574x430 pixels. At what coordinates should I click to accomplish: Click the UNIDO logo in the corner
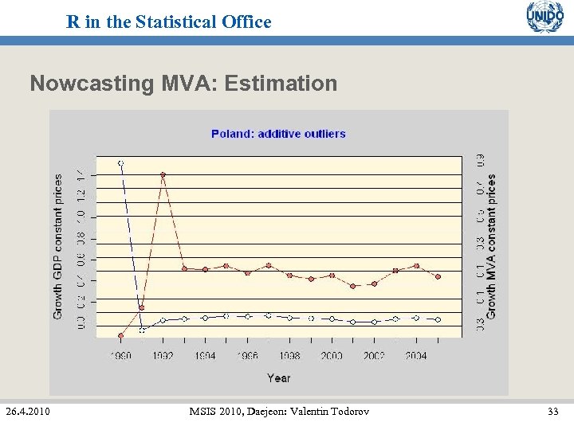(545, 17)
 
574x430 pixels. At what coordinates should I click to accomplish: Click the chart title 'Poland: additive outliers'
(278, 134)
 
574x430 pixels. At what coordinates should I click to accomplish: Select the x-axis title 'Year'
(278, 377)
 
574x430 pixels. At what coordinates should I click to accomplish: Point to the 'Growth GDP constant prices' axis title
(58, 247)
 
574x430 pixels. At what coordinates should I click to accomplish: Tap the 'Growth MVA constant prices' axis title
(491, 247)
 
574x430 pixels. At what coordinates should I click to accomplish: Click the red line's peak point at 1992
(163, 174)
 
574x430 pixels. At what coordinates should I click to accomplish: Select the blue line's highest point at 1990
(121, 163)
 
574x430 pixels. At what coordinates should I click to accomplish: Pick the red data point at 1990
(120, 336)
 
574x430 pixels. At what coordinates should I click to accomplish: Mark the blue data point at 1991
(142, 330)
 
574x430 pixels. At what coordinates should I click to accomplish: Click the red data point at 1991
(142, 307)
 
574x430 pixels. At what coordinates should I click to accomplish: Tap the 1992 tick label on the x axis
(163, 356)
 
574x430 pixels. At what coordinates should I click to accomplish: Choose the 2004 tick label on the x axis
(416, 356)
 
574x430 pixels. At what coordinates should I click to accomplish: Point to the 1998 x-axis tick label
(289, 356)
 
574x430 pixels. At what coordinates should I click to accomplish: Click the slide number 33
(552, 412)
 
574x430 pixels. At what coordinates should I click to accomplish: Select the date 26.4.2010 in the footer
(27, 412)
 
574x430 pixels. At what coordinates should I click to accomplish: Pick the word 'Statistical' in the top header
(169, 22)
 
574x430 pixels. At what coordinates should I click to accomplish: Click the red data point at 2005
(438, 276)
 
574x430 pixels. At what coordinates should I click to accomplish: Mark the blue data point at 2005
(438, 319)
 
